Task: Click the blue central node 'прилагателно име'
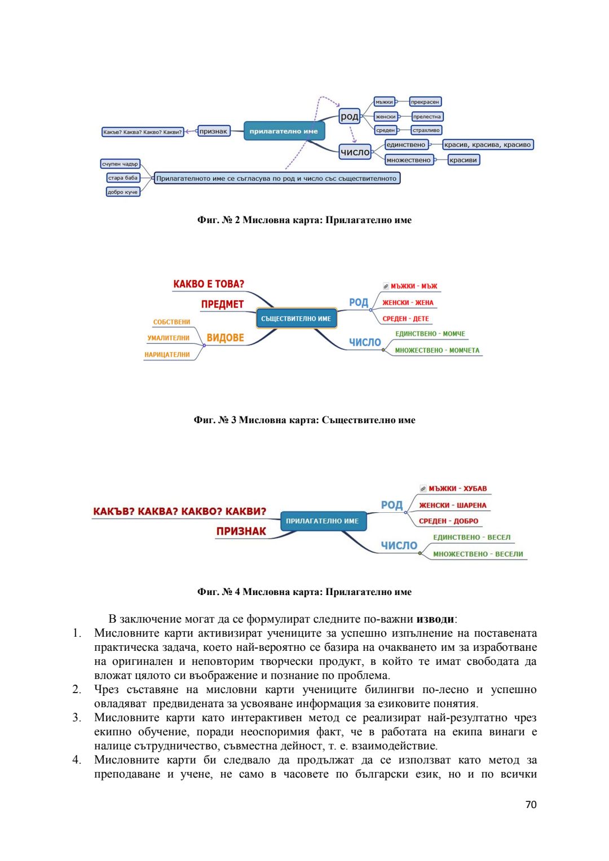[x=284, y=131]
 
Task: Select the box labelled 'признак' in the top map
[x=213, y=131]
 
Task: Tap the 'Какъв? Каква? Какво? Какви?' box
[x=143, y=132]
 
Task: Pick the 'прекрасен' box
[x=425, y=102]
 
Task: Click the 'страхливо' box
[x=426, y=130]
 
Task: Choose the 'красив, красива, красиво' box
[x=487, y=145]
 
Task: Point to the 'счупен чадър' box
[x=120, y=164]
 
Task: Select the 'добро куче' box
[x=122, y=192]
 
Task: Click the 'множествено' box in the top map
[x=408, y=160]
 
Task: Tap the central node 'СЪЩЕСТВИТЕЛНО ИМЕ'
[x=296, y=318]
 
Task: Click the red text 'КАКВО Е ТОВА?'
[x=209, y=284]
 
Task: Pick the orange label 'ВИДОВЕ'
[x=225, y=338]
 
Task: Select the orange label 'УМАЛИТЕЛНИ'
[x=168, y=338]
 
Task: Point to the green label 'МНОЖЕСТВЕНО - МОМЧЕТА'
[x=437, y=350]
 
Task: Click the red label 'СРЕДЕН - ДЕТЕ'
[x=405, y=319]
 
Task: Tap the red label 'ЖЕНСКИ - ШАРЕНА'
[x=452, y=505]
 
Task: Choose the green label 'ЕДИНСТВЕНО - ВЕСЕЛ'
[x=471, y=538]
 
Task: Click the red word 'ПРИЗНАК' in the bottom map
[x=241, y=531]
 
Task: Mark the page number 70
[x=531, y=805]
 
